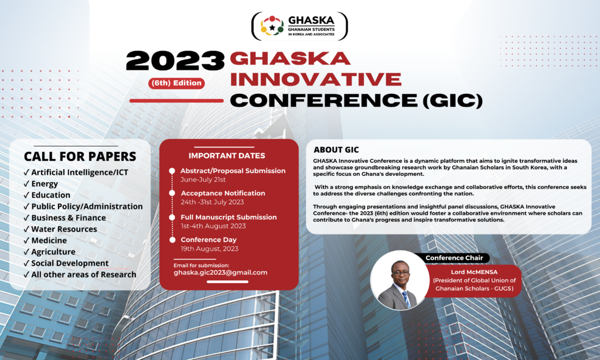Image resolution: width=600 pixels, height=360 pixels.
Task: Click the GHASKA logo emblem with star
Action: (x=272, y=26)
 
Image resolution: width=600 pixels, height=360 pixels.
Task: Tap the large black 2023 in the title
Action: (x=175, y=61)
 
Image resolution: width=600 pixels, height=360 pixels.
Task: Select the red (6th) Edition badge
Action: (x=176, y=83)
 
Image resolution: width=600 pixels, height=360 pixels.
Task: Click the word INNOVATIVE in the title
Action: (x=316, y=79)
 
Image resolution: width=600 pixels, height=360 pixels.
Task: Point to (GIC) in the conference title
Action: (x=453, y=100)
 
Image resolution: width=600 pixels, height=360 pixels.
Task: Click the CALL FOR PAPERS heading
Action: (x=80, y=157)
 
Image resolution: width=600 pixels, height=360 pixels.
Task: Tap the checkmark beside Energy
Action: (x=26, y=184)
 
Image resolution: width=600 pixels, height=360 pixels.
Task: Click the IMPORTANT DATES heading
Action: (x=227, y=156)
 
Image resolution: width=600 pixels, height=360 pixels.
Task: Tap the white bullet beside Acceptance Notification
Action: (x=172, y=193)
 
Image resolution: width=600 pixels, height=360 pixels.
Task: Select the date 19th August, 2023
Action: (x=209, y=249)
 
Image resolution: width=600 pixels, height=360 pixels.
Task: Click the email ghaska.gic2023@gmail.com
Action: (x=220, y=273)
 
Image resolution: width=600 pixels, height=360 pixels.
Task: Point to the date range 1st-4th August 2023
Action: (x=213, y=226)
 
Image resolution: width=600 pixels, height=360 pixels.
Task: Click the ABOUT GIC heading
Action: (x=336, y=150)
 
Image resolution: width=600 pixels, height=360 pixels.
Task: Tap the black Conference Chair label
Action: (x=454, y=258)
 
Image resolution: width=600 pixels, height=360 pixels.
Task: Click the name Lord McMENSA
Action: (x=474, y=272)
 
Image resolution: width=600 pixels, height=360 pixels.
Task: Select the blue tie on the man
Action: (x=405, y=298)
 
